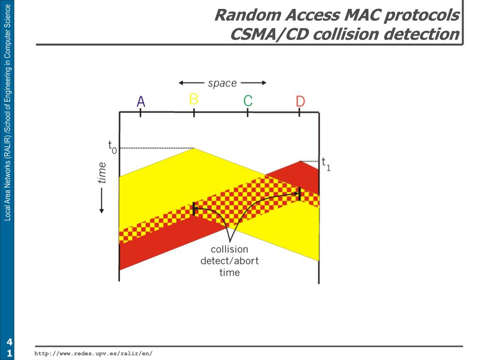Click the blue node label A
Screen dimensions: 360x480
pos(141,101)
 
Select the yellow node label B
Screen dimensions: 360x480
pos(194,99)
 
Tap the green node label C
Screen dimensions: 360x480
pos(248,100)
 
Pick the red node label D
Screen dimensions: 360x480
pos(300,101)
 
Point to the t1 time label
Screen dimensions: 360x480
pos(326,164)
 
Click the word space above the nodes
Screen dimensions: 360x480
pos(222,83)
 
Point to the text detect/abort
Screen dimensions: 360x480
pos(229,261)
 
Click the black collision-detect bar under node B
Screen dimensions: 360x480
pos(194,209)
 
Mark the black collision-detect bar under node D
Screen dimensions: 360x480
pos(299,194)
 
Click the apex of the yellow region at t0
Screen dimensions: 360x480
pos(194,149)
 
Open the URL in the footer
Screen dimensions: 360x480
pos(94,353)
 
